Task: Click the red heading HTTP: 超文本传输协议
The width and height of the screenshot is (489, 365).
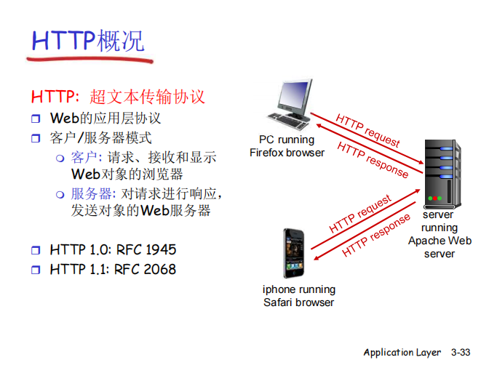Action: click(x=118, y=97)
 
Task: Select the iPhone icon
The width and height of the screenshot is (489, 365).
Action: click(x=294, y=252)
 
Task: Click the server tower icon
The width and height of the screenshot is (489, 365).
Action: click(x=441, y=172)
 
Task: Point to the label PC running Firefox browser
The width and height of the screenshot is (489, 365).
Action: click(x=287, y=146)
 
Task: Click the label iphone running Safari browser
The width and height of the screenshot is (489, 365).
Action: click(x=298, y=296)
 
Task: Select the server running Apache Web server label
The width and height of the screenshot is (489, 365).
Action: click(x=440, y=234)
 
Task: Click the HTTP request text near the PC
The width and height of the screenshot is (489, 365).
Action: click(x=367, y=130)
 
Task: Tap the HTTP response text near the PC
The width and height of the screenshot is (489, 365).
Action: click(x=373, y=159)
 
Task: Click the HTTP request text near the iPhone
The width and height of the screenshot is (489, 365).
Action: click(x=360, y=214)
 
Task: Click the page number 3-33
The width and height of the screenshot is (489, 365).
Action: click(x=461, y=353)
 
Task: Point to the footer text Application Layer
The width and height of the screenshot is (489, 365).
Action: click(x=402, y=353)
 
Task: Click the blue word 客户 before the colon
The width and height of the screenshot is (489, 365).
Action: click(x=83, y=158)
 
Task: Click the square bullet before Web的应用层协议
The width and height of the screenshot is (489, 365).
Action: click(x=36, y=119)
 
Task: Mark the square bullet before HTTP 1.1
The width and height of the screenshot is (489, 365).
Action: click(x=36, y=270)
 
